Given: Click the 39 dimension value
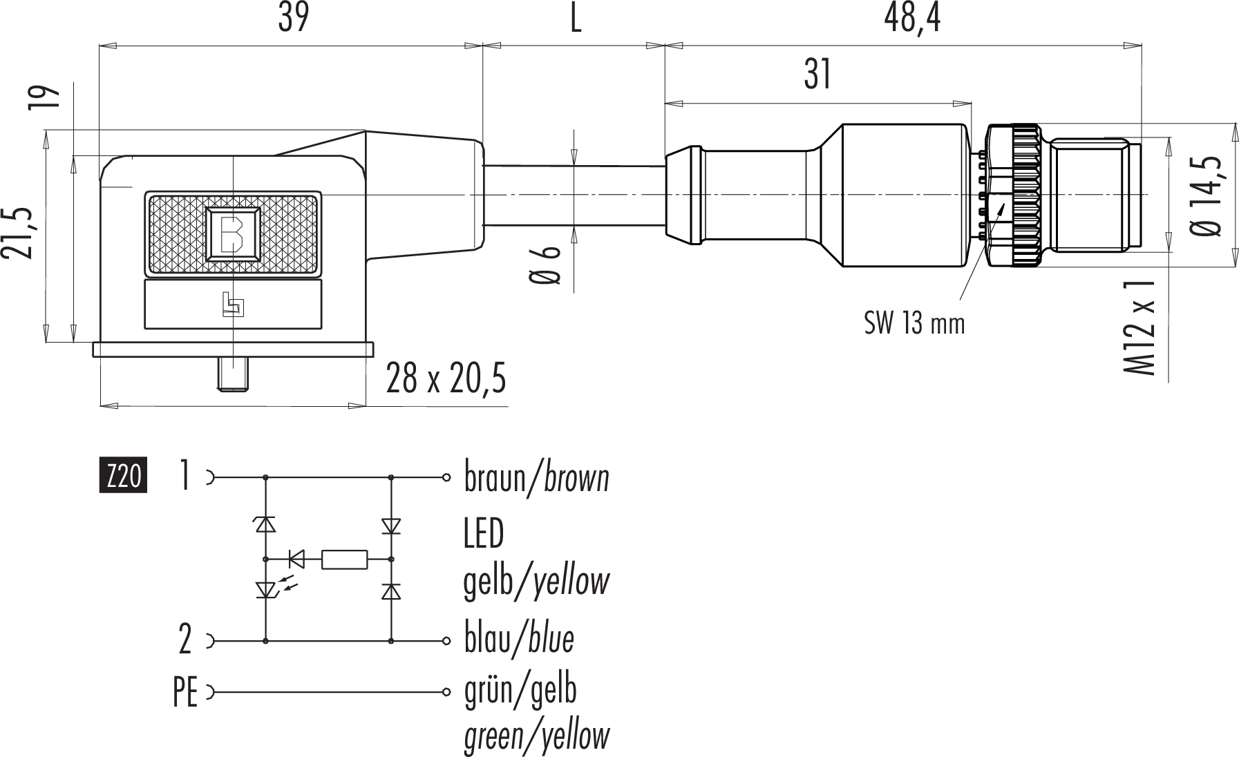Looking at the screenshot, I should pos(293,19).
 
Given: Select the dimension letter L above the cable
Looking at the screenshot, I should pos(575,19).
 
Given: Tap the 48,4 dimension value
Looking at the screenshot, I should pos(911,19).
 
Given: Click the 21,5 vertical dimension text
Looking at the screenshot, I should pos(19,232).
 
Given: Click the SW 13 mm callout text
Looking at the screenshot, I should pos(914,323).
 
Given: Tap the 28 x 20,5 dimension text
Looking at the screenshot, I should pos(446,379).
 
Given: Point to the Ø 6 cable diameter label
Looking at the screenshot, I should pos(545,266).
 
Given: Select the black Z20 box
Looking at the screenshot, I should pos(124,476).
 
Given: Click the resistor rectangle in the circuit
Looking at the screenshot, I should pos(344,559).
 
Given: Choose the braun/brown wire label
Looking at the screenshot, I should pos(536,478).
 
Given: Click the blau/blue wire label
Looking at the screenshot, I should pos(518,640).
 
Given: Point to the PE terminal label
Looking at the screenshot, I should pos(185,693).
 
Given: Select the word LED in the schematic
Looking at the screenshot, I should pos(484,533).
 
